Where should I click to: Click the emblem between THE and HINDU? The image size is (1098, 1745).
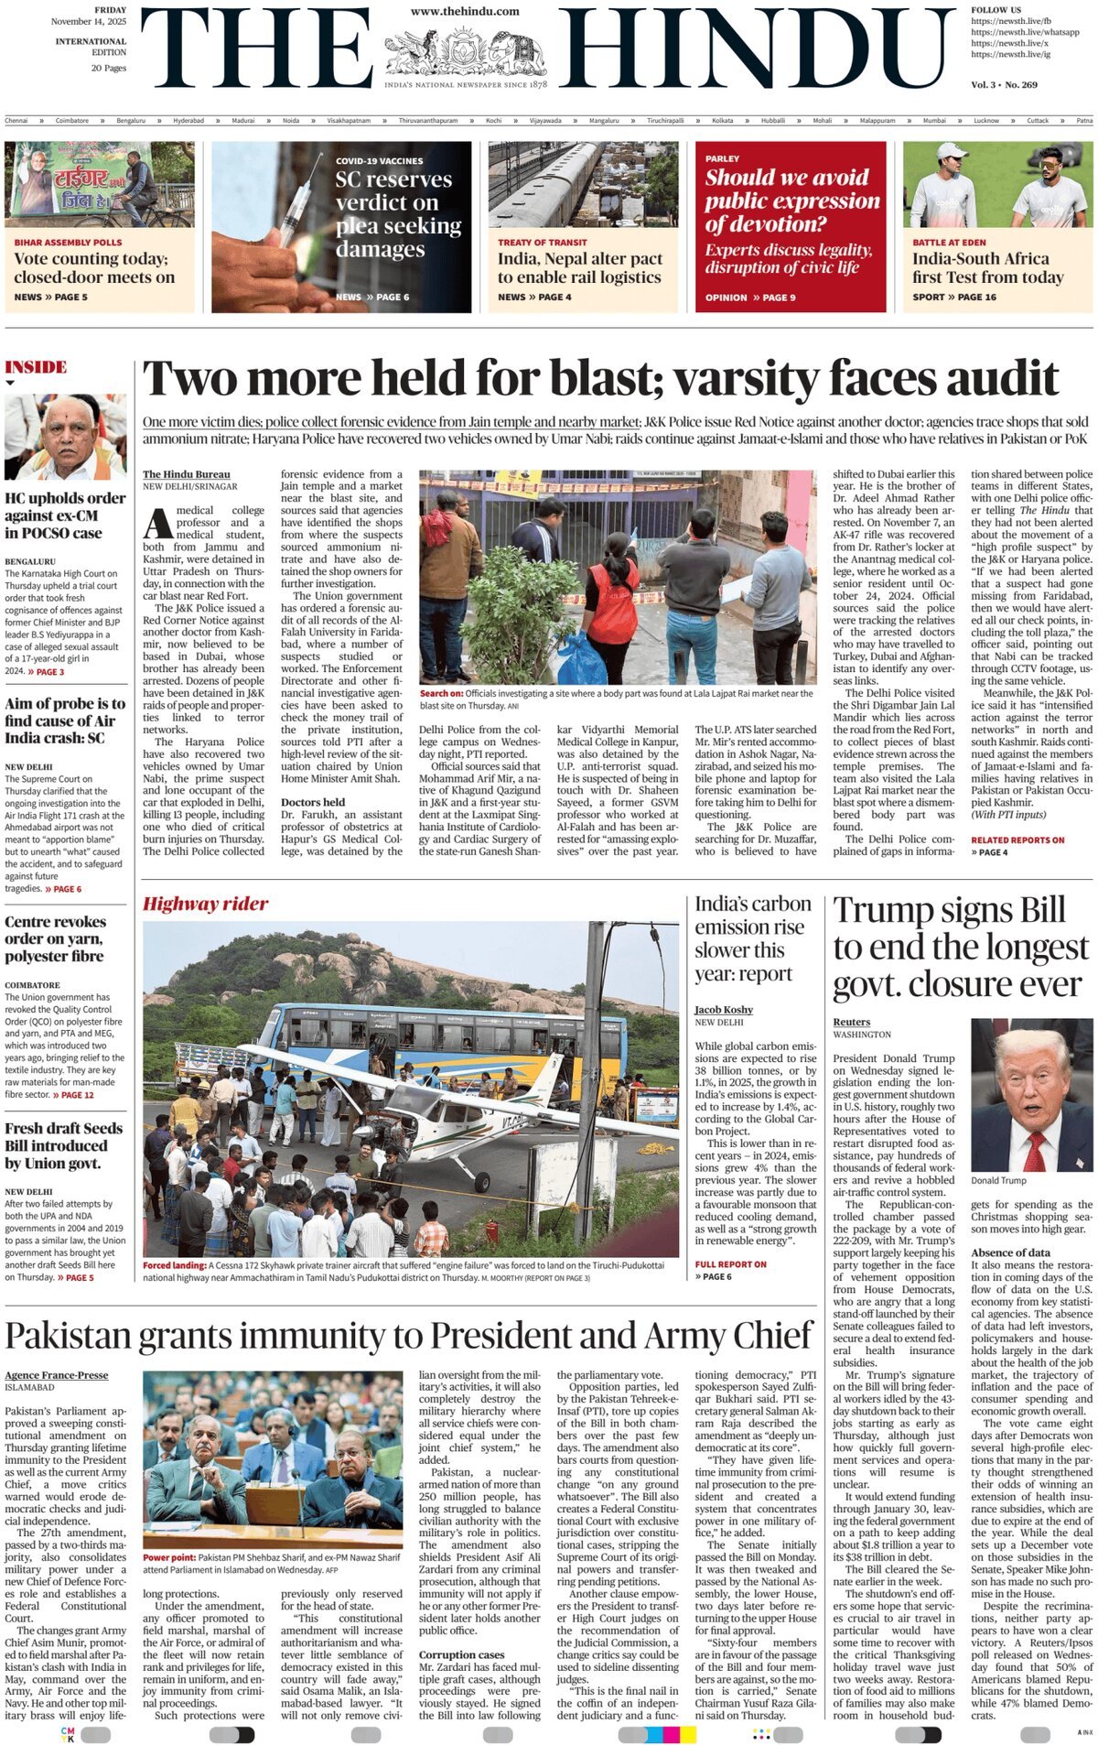click(x=465, y=52)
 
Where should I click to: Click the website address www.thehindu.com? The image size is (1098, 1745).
click(x=465, y=11)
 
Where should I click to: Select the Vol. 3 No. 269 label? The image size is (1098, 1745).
click(x=1004, y=84)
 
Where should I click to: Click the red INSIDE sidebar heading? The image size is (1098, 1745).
click(x=36, y=367)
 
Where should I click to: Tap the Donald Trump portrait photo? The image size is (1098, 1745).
click(x=1031, y=1094)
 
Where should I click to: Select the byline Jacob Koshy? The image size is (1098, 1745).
click(x=724, y=1009)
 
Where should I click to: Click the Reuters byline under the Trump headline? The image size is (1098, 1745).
click(x=851, y=1022)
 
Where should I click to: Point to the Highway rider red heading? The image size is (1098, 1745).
click(x=205, y=904)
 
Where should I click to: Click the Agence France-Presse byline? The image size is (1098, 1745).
click(x=56, y=1375)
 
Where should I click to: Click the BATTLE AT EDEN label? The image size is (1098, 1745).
click(x=949, y=243)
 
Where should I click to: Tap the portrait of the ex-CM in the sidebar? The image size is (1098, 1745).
click(x=65, y=436)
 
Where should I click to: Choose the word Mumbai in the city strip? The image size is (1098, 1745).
click(x=934, y=121)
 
